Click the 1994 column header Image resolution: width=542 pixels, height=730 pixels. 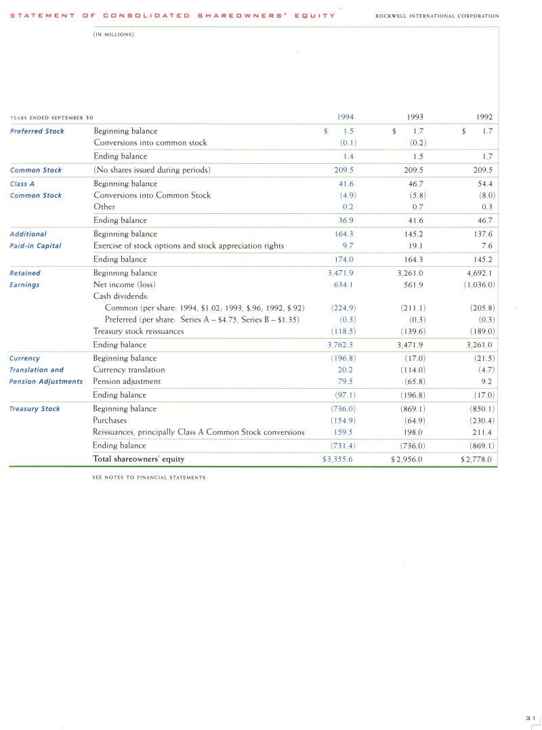(345, 117)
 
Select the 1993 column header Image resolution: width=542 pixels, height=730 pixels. (414, 117)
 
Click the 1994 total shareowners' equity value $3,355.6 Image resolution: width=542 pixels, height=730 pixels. (338, 459)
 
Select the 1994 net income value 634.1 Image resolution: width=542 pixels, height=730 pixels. (345, 284)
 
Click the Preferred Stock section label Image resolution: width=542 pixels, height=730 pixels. (37, 131)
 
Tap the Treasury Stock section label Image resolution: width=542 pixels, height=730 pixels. (35, 409)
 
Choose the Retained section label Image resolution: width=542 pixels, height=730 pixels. (24, 273)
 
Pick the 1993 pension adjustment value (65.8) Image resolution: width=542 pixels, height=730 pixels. (413, 381)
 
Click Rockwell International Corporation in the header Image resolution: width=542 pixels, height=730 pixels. (436, 16)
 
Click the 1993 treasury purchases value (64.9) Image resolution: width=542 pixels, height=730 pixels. (413, 421)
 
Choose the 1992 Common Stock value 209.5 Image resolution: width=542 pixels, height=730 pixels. (484, 170)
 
